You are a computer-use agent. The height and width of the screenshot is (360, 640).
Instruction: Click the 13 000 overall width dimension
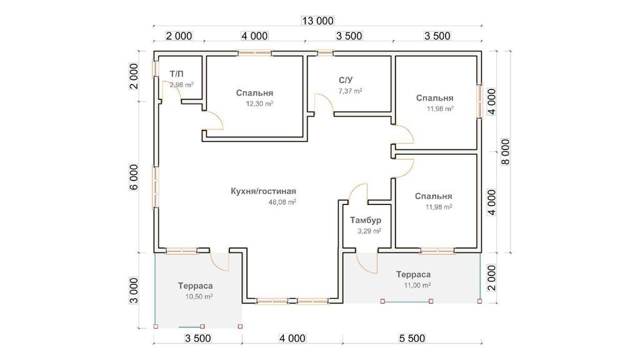[317, 20]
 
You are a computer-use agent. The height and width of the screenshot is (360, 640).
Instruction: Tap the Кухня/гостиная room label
[262, 191]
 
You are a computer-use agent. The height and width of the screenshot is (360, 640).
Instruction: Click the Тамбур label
[366, 221]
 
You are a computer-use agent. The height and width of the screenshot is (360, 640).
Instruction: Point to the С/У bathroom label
[347, 80]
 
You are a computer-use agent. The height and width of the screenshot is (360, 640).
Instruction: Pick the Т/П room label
[177, 74]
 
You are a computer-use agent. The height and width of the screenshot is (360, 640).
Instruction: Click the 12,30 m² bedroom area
[260, 104]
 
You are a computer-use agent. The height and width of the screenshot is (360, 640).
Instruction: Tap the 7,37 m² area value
[350, 91]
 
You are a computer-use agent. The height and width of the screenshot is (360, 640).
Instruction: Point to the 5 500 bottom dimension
[411, 339]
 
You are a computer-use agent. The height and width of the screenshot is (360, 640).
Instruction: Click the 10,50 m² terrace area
[199, 297]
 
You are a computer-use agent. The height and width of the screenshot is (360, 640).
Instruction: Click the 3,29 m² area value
[369, 231]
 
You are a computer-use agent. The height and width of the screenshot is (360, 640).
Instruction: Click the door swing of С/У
[322, 102]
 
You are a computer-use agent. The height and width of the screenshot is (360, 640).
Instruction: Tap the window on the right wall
[480, 100]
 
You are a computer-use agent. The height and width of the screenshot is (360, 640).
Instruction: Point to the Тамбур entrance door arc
[365, 260]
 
